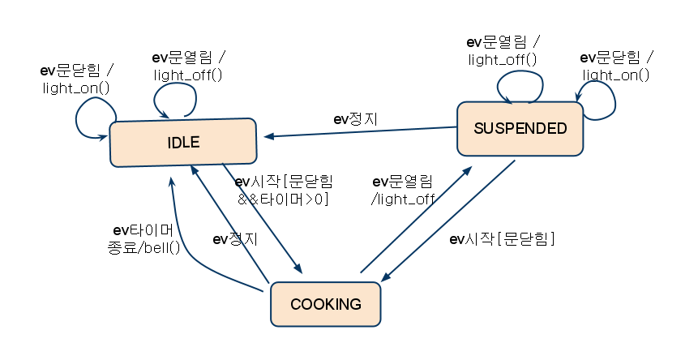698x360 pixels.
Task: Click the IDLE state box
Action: click(183, 143)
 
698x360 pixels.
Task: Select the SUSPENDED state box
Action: click(520, 128)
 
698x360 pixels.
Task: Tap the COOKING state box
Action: click(325, 305)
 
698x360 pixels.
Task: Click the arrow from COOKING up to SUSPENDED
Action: click(415, 220)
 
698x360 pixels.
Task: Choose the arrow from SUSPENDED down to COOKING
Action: click(450, 219)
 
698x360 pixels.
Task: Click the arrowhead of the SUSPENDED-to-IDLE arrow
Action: click(268, 136)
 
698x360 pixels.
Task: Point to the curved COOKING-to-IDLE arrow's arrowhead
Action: click(172, 181)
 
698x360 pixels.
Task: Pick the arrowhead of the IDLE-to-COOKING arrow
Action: click(298, 270)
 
